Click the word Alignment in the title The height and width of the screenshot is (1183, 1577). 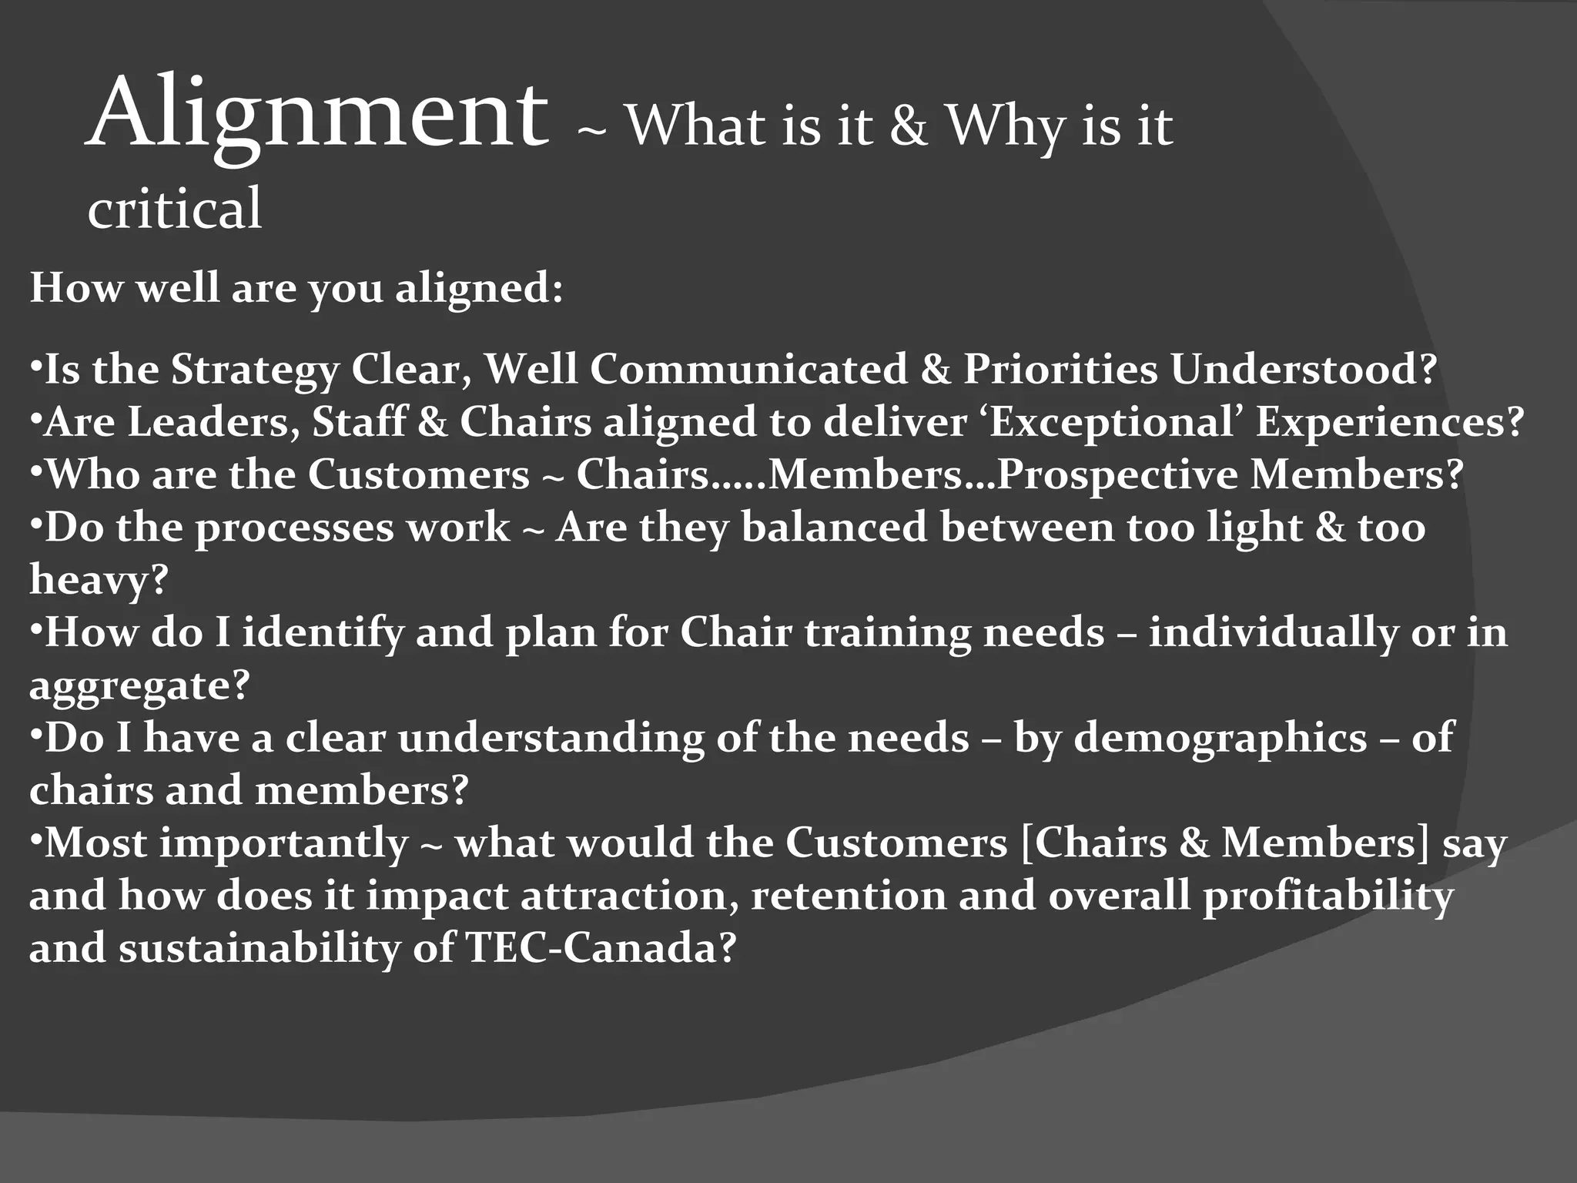point(317,116)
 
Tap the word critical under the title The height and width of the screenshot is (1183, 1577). point(175,209)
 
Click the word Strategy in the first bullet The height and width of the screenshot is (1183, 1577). point(254,370)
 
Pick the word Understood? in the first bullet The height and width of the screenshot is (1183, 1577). point(1304,369)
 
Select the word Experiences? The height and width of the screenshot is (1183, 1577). point(1390,422)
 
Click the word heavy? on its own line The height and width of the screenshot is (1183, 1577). point(99,580)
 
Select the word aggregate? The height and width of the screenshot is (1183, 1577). point(139,685)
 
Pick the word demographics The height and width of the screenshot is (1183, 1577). point(1220,739)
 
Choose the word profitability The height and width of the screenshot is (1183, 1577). point(1328,896)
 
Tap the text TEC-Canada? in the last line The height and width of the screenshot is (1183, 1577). point(602,948)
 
